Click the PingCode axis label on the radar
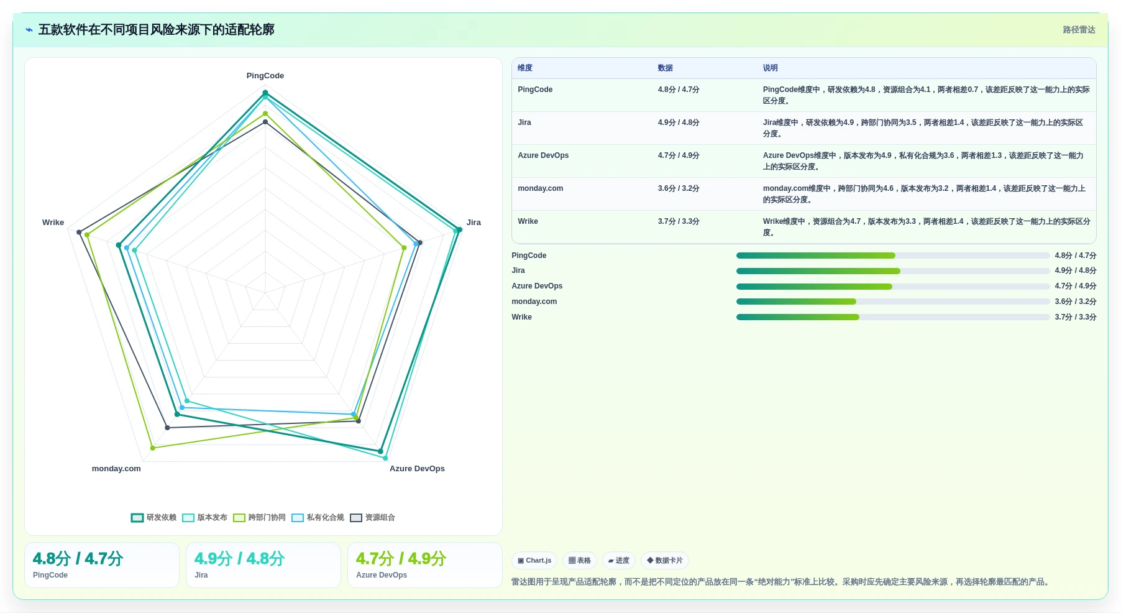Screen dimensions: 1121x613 pyautogui.click(x=265, y=76)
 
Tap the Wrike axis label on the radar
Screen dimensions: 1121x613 pyautogui.click(x=53, y=223)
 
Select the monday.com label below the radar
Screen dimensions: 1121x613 pyautogui.click(x=116, y=469)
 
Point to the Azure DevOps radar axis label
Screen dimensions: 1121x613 pyautogui.click(x=417, y=469)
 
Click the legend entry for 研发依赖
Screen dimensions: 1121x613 pyautogui.click(x=153, y=517)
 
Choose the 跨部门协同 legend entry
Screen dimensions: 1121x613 pyautogui.click(x=259, y=517)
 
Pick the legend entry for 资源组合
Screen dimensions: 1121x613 pyautogui.click(x=372, y=517)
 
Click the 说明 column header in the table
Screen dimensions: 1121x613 pyautogui.click(x=771, y=68)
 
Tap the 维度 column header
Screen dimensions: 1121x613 pyautogui.click(x=525, y=68)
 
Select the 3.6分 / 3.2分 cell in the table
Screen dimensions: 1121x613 pyautogui.click(x=679, y=188)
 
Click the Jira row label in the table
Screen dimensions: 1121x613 pyautogui.click(x=524, y=122)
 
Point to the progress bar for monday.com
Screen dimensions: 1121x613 pyautogui.click(x=893, y=302)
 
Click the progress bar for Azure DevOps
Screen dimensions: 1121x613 pyautogui.click(x=893, y=287)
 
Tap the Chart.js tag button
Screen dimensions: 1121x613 pyautogui.click(x=534, y=561)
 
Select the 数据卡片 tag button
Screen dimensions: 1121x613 pyautogui.click(x=665, y=561)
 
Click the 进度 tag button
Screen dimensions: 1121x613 pyautogui.click(x=619, y=561)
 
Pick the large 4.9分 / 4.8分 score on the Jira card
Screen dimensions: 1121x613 pyautogui.click(x=239, y=559)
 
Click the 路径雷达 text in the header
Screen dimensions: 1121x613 pyautogui.click(x=1079, y=30)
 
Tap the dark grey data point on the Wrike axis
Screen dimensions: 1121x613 pyautogui.click(x=79, y=233)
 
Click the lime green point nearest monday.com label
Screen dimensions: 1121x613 pyautogui.click(x=153, y=448)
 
